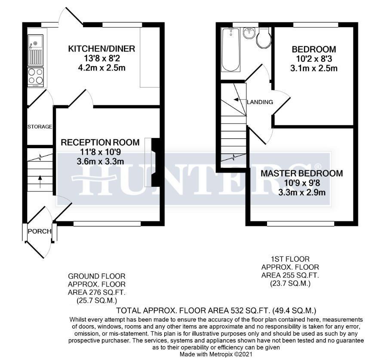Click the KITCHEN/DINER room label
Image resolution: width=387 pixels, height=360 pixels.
[x=101, y=49]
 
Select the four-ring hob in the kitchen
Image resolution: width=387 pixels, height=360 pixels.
[x=35, y=76]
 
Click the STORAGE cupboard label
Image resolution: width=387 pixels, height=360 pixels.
[x=40, y=127]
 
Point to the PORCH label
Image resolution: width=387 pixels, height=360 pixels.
[x=40, y=232]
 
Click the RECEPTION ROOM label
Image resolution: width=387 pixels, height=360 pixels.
[x=100, y=143]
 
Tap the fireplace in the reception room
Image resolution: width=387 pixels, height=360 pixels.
[x=154, y=162]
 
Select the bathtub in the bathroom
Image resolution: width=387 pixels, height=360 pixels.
[x=231, y=50]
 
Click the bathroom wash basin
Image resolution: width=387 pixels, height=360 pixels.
[x=249, y=33]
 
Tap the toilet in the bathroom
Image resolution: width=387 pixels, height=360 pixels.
[x=263, y=39]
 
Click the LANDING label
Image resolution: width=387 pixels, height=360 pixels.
[x=260, y=102]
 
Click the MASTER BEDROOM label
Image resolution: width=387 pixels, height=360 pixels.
[x=302, y=174]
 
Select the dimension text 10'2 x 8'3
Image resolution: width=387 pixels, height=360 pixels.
[x=313, y=59]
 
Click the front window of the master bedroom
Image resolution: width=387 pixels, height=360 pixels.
[x=301, y=223]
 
